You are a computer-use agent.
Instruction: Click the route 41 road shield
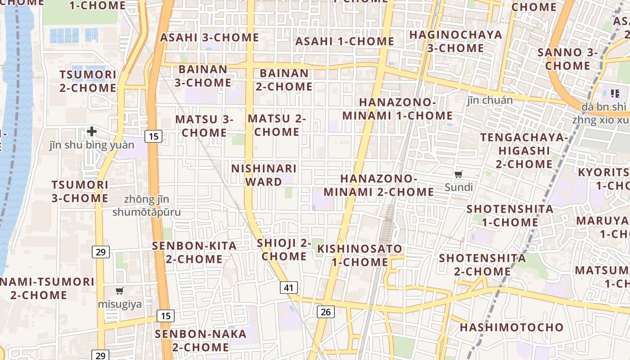click(289, 288)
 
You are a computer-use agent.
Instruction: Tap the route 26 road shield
click(326, 311)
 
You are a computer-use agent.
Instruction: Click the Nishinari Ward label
click(264, 175)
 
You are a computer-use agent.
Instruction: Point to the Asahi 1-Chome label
click(345, 41)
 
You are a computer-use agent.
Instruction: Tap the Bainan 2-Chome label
click(284, 80)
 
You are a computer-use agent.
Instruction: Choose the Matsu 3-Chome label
click(204, 126)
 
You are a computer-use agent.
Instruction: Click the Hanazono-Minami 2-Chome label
click(378, 185)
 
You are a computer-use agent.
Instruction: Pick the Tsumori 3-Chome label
click(80, 191)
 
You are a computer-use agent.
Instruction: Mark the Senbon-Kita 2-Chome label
click(194, 252)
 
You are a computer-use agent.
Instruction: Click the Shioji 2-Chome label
click(284, 250)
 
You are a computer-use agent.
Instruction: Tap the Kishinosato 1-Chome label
click(360, 255)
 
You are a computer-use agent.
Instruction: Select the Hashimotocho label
click(512, 327)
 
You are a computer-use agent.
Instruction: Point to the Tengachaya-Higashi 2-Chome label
click(524, 151)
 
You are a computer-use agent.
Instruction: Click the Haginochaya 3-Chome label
click(455, 41)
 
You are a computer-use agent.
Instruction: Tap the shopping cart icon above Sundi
click(459, 174)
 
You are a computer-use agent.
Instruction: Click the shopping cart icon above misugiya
click(119, 291)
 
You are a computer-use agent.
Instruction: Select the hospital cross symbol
click(92, 131)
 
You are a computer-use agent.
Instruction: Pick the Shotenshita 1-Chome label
click(510, 216)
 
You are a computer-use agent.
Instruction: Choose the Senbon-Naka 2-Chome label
click(201, 341)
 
